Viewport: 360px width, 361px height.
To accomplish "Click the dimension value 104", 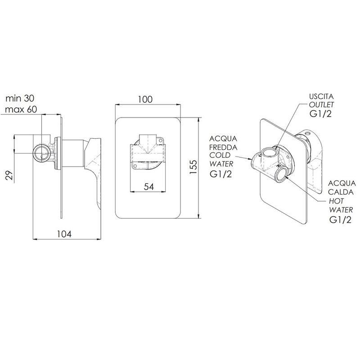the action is point(64,234).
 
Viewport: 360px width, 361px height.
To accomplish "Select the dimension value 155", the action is point(193,167).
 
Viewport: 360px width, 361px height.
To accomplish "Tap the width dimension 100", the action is point(145,99).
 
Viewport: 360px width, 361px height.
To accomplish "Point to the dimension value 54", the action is point(148,186).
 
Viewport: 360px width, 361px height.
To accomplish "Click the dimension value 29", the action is point(9,176).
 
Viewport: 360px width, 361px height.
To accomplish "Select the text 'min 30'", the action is point(20,98).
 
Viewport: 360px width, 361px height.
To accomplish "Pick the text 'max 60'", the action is point(21,109).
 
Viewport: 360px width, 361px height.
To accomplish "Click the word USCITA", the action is point(321,96).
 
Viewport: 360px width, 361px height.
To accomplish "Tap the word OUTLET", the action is point(321,105).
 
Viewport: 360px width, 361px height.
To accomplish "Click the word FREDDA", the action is point(223,147).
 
